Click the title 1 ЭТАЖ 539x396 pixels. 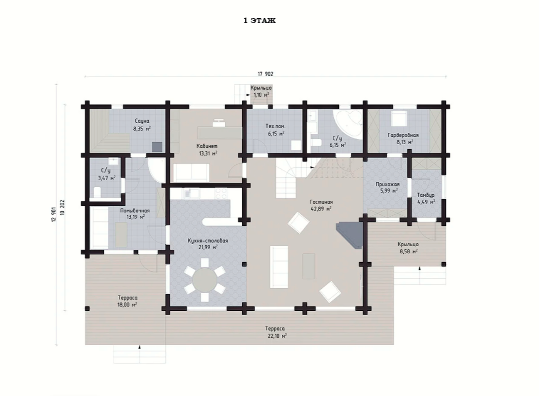[x=260, y=21]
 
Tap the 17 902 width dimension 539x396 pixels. [x=265, y=74]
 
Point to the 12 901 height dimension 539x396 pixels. [x=53, y=215]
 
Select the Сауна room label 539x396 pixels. [x=142, y=121]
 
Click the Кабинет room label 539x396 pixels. [x=207, y=146]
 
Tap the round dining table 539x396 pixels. [x=204, y=280]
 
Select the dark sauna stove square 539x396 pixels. [x=157, y=147]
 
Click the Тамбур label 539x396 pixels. [x=425, y=195]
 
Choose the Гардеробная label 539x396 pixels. [x=403, y=135]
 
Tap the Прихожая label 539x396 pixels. [x=387, y=184]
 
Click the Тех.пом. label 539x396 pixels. [x=275, y=126]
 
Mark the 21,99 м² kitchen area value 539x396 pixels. [x=208, y=247]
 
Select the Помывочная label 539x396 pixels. [x=135, y=211]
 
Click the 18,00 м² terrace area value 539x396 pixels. [x=127, y=304]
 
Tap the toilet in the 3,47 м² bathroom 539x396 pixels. [x=97, y=192]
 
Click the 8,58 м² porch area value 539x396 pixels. [x=408, y=251]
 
